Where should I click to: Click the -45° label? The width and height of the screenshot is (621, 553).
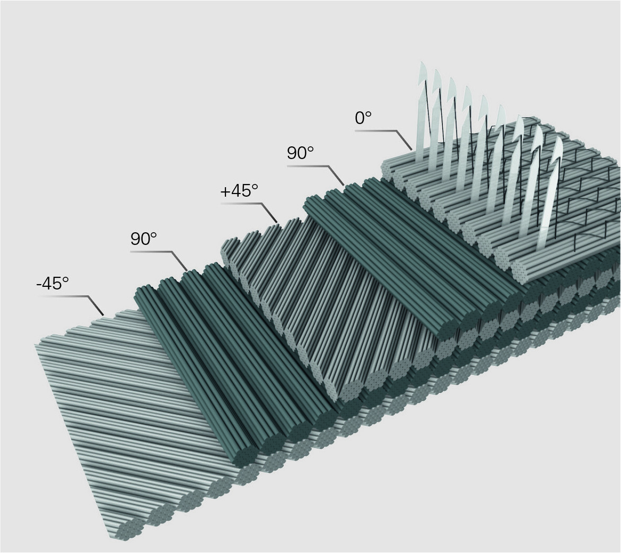53,284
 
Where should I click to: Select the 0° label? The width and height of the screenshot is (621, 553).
363,118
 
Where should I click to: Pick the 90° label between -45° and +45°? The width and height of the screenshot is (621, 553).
143,239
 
